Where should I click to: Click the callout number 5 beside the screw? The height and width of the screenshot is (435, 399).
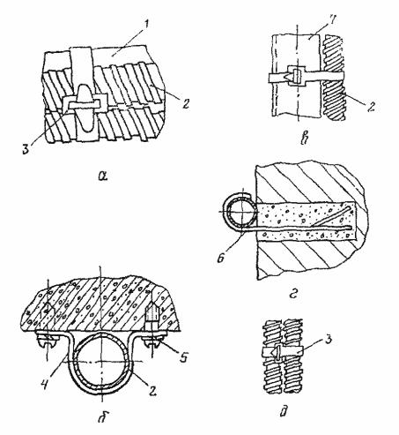pos(183,357)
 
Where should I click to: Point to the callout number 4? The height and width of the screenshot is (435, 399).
pos(45,383)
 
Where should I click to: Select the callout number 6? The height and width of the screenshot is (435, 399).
pos(221,258)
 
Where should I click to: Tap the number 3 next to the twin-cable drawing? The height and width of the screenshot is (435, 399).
pos(328,340)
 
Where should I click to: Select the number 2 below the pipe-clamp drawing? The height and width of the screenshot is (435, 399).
pos(153,391)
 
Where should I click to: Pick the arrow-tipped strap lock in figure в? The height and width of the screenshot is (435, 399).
pos(297,77)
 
